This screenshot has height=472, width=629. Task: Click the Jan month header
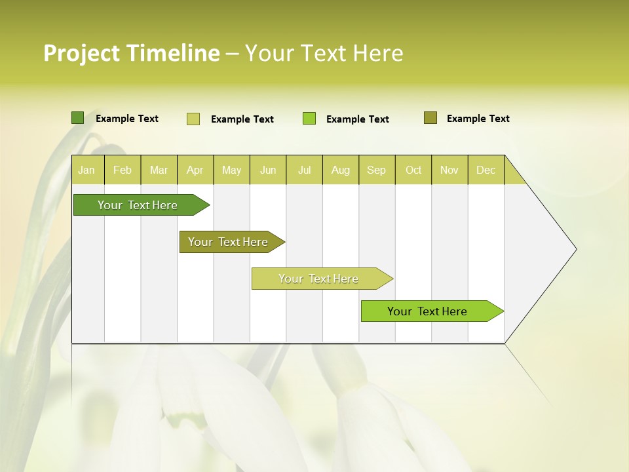87,170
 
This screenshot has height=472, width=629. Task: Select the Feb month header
123,170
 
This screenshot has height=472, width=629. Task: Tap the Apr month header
195,170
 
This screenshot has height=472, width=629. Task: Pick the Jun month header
268,170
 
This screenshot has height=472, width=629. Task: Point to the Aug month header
341,170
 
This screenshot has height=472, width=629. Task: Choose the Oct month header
413,170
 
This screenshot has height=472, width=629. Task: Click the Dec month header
486,170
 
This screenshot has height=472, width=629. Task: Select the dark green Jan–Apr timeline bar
138,205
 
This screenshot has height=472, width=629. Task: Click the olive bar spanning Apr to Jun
228,242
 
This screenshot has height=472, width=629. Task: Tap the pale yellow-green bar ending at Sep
318,279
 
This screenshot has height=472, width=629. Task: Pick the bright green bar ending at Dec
427,311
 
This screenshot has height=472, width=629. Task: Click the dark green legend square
77,118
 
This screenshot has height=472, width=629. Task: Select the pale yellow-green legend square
193,119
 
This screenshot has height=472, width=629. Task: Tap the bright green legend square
309,119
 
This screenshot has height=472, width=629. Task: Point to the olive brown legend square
430,118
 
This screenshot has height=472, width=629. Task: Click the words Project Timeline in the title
131,53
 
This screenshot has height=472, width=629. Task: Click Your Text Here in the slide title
324,53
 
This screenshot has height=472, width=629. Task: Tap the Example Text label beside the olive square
478,119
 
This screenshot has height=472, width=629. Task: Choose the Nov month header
449,170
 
